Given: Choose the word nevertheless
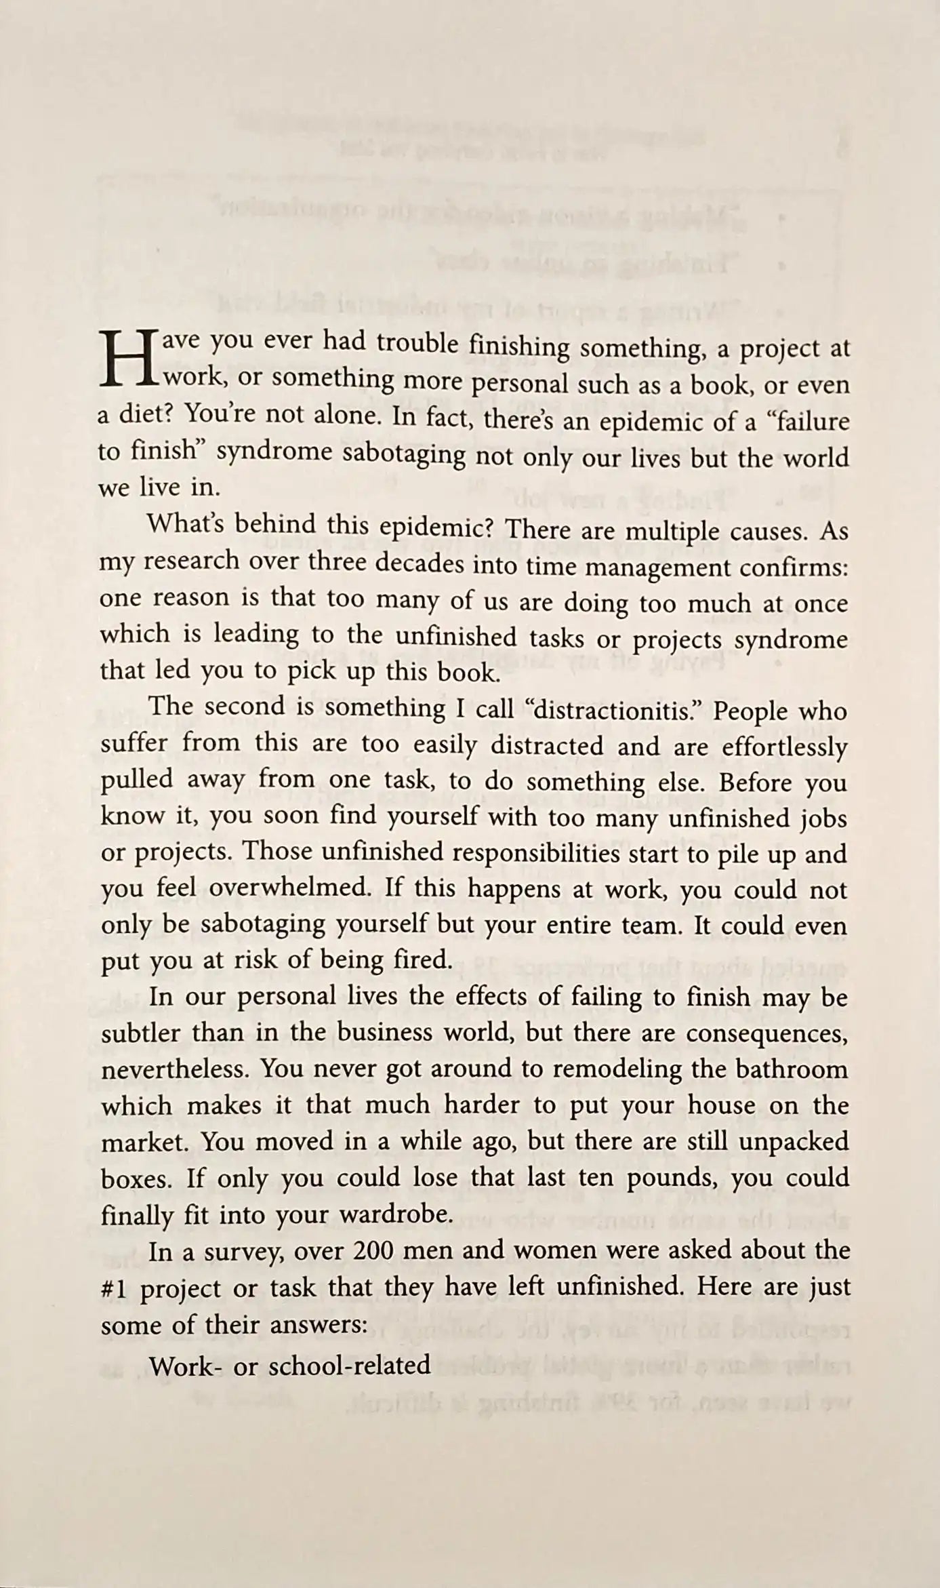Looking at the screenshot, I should click(x=173, y=1069).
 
